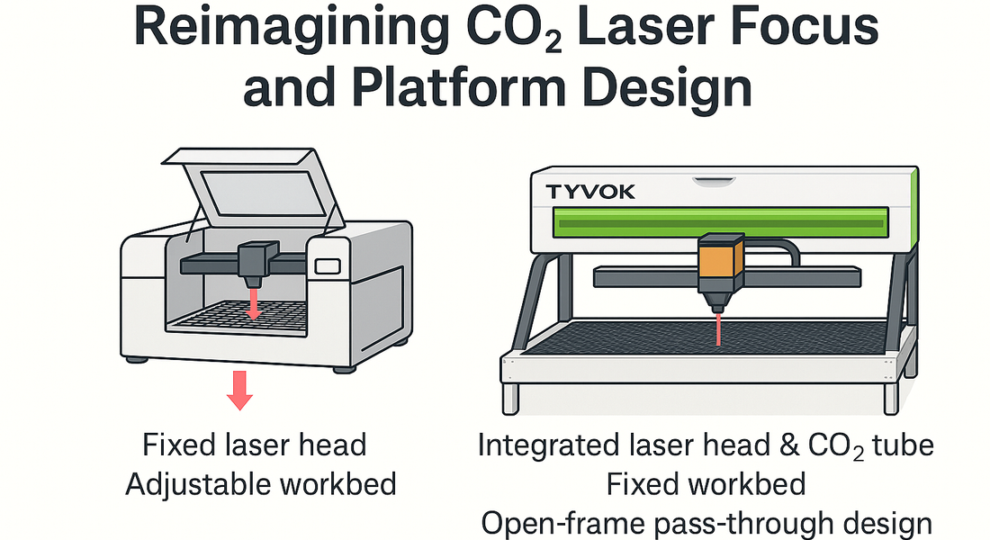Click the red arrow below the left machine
pos(238,389)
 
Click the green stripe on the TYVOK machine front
pos(720,220)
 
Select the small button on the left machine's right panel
pos(328,265)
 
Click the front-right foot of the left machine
pos(343,367)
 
